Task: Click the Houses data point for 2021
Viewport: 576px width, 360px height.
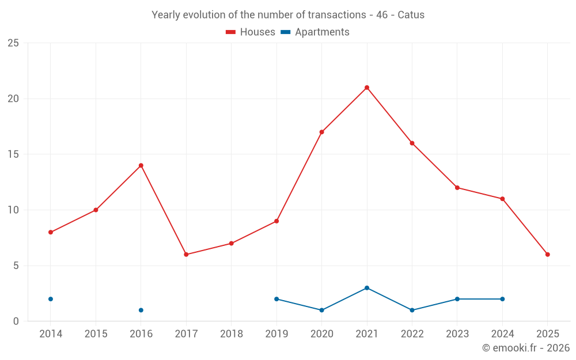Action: (x=367, y=88)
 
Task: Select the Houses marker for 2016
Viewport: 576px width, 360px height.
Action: (x=141, y=165)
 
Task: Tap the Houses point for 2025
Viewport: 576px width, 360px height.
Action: (x=547, y=255)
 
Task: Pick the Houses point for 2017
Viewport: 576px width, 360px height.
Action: (x=186, y=255)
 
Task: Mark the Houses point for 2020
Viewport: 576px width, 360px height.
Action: (x=321, y=132)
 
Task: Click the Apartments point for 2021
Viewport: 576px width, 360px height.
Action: (x=367, y=288)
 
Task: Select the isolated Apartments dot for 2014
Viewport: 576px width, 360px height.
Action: (x=51, y=299)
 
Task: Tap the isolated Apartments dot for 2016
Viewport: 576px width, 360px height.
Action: (x=141, y=310)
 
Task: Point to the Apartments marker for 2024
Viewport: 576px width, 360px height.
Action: (x=502, y=299)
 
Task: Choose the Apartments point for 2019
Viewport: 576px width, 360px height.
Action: (x=276, y=299)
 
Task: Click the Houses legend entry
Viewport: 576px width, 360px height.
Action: (x=251, y=32)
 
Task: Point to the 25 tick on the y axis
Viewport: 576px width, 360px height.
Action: (x=13, y=43)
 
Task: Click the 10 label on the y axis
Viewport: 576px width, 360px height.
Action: (x=13, y=210)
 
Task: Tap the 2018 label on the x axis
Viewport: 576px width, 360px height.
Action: (x=231, y=334)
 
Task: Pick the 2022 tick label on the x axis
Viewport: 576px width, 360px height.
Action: (x=412, y=334)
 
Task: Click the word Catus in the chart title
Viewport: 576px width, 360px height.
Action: (x=411, y=15)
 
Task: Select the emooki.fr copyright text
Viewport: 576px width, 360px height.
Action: (x=525, y=348)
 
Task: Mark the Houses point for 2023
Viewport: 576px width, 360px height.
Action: (x=457, y=188)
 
